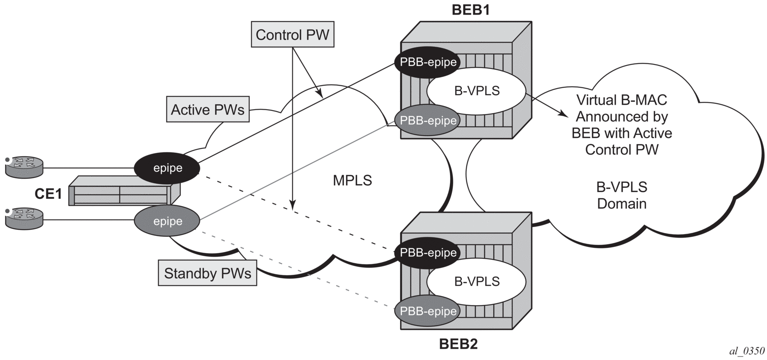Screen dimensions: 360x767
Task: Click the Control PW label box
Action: [x=292, y=34]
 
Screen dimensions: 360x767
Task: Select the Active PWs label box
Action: [x=208, y=109]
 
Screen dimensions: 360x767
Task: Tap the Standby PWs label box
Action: [x=208, y=273]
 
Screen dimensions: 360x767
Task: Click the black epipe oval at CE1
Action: [x=167, y=168]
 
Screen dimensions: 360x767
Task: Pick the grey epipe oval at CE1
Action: [x=167, y=221]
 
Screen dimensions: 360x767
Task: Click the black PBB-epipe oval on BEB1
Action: [x=427, y=62]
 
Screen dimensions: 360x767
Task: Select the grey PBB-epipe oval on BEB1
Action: [x=427, y=120]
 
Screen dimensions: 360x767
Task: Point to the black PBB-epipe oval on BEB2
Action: [x=427, y=253]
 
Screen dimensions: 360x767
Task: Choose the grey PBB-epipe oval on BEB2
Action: [x=427, y=311]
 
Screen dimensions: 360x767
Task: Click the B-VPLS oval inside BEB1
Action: [x=477, y=91]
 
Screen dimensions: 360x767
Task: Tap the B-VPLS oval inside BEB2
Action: [x=477, y=281]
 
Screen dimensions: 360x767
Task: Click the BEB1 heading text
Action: [x=471, y=10]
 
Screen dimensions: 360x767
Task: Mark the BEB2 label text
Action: [x=458, y=344]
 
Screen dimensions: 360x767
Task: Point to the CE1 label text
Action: [x=49, y=193]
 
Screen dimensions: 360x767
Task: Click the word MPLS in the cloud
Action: [x=352, y=180]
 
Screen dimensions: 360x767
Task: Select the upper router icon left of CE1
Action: [x=24, y=167]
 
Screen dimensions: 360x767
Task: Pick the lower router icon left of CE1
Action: [x=24, y=219]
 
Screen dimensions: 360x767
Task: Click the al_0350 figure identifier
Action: [x=747, y=351]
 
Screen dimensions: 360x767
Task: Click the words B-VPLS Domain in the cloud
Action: [x=622, y=195]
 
